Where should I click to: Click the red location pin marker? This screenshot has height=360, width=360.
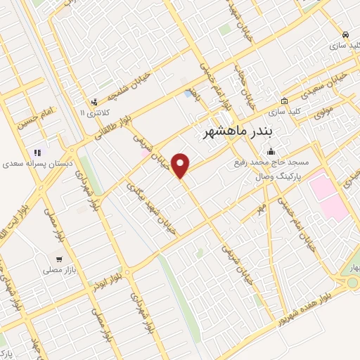coord(181,165)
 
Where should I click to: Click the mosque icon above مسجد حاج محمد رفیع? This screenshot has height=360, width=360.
coord(271,151)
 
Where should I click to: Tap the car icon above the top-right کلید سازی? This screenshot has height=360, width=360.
coord(345,34)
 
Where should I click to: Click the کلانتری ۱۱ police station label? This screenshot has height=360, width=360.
coord(92,112)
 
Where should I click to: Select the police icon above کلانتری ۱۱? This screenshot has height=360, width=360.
coord(94,101)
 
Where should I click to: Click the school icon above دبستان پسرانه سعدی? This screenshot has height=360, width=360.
coord(37,152)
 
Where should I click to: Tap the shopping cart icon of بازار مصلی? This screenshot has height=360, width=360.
coord(60,259)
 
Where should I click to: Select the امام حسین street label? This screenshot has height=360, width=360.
coord(37,113)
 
